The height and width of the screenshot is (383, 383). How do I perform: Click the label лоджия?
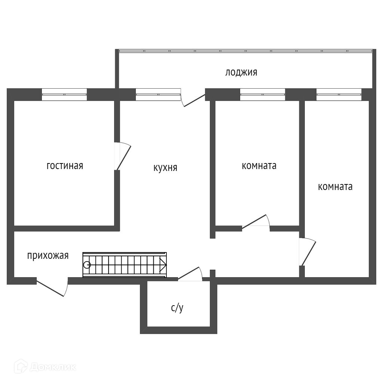click(241, 72)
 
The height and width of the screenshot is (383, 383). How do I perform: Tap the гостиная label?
click(65, 166)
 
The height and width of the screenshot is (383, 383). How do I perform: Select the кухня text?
click(165, 168)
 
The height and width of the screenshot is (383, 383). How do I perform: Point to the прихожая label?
click(48, 256)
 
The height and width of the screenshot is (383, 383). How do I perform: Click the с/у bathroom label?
click(177, 308)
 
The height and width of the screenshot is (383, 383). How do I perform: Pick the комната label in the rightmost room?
click(335, 187)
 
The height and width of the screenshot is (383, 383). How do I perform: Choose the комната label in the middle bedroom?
click(259, 166)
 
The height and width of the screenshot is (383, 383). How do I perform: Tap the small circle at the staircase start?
click(87, 265)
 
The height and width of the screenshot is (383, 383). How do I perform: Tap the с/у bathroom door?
click(190, 274)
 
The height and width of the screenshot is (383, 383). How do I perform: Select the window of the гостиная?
click(64, 94)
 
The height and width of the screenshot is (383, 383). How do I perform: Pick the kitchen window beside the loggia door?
click(158, 94)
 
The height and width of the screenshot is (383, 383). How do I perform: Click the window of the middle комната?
click(262, 94)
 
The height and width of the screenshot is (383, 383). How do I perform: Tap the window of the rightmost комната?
click(338, 94)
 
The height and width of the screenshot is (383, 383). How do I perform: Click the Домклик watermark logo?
click(45, 367)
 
